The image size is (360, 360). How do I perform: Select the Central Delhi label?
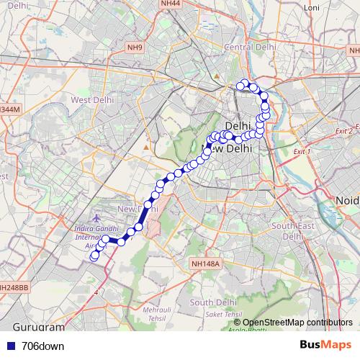tap(251, 47)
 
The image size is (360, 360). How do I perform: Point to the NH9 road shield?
tap(135, 48)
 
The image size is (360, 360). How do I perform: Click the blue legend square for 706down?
tap(9, 346)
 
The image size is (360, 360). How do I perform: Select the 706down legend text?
tap(42, 346)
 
